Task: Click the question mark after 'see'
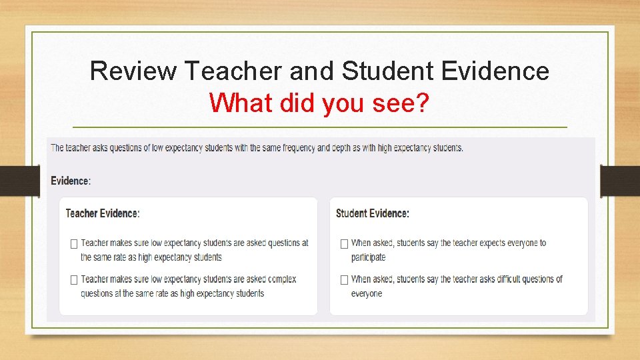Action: click(x=421, y=103)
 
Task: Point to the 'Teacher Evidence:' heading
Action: click(x=103, y=213)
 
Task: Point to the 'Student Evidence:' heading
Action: click(x=373, y=213)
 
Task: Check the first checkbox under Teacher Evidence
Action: click(x=74, y=244)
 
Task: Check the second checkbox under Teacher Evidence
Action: click(x=74, y=280)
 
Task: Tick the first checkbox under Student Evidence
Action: click(x=344, y=244)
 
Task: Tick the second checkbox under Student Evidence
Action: click(x=344, y=280)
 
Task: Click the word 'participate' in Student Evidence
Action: click(x=368, y=257)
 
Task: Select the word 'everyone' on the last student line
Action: click(x=367, y=293)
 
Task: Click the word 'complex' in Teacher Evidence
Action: click(x=281, y=279)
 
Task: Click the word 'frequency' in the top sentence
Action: click(x=298, y=147)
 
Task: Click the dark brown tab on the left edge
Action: click(x=19, y=181)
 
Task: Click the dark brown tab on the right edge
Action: click(x=620, y=181)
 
